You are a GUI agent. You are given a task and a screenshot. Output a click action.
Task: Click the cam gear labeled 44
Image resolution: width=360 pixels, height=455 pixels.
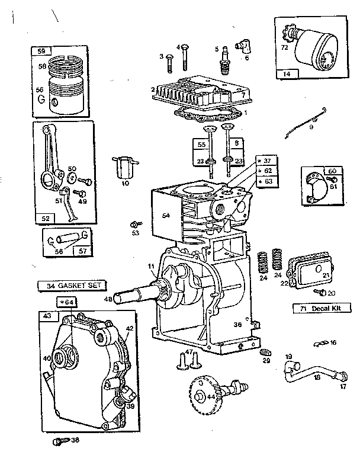point(204,394)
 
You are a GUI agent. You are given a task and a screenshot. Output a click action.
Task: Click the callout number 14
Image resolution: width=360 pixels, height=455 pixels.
point(287,74)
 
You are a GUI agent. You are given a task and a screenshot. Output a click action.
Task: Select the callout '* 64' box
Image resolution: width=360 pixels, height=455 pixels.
point(67,303)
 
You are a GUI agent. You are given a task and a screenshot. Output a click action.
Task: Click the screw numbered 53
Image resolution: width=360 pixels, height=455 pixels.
point(137,223)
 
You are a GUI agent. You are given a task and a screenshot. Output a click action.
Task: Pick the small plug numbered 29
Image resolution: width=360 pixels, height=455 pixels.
point(263,353)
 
